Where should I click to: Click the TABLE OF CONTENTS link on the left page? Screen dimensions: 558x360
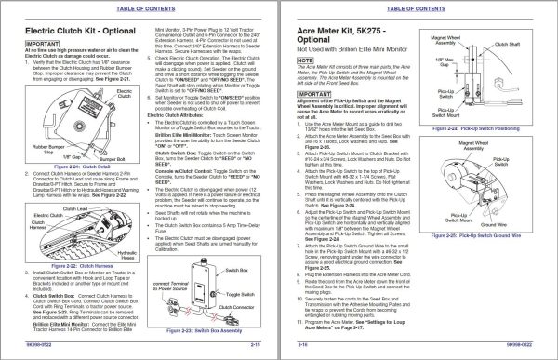click(139, 6)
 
